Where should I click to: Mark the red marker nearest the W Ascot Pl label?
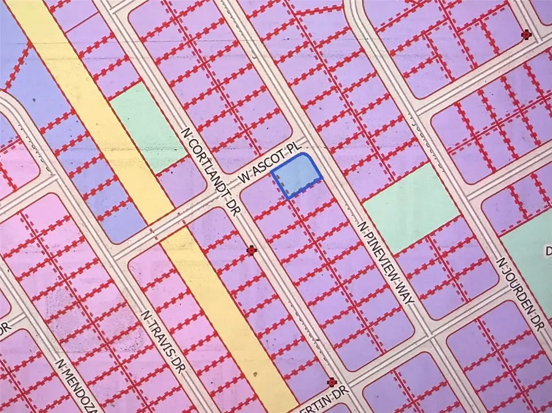[x=251, y=250]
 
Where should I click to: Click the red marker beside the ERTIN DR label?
[x=332, y=382]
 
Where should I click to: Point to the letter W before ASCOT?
[x=246, y=178]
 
